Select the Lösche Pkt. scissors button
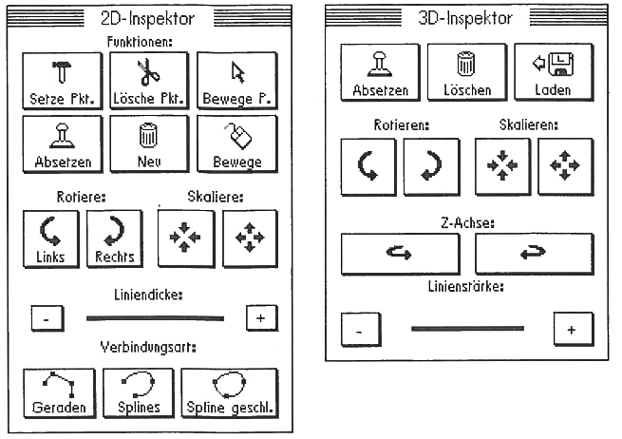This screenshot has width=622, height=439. (x=150, y=80)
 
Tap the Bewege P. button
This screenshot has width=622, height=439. (x=237, y=80)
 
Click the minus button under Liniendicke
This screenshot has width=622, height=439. (x=46, y=319)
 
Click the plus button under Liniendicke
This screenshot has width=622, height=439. (x=260, y=317)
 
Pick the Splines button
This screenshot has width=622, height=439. (x=141, y=393)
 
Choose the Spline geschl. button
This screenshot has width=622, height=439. (x=229, y=393)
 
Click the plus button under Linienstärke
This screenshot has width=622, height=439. (x=571, y=329)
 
